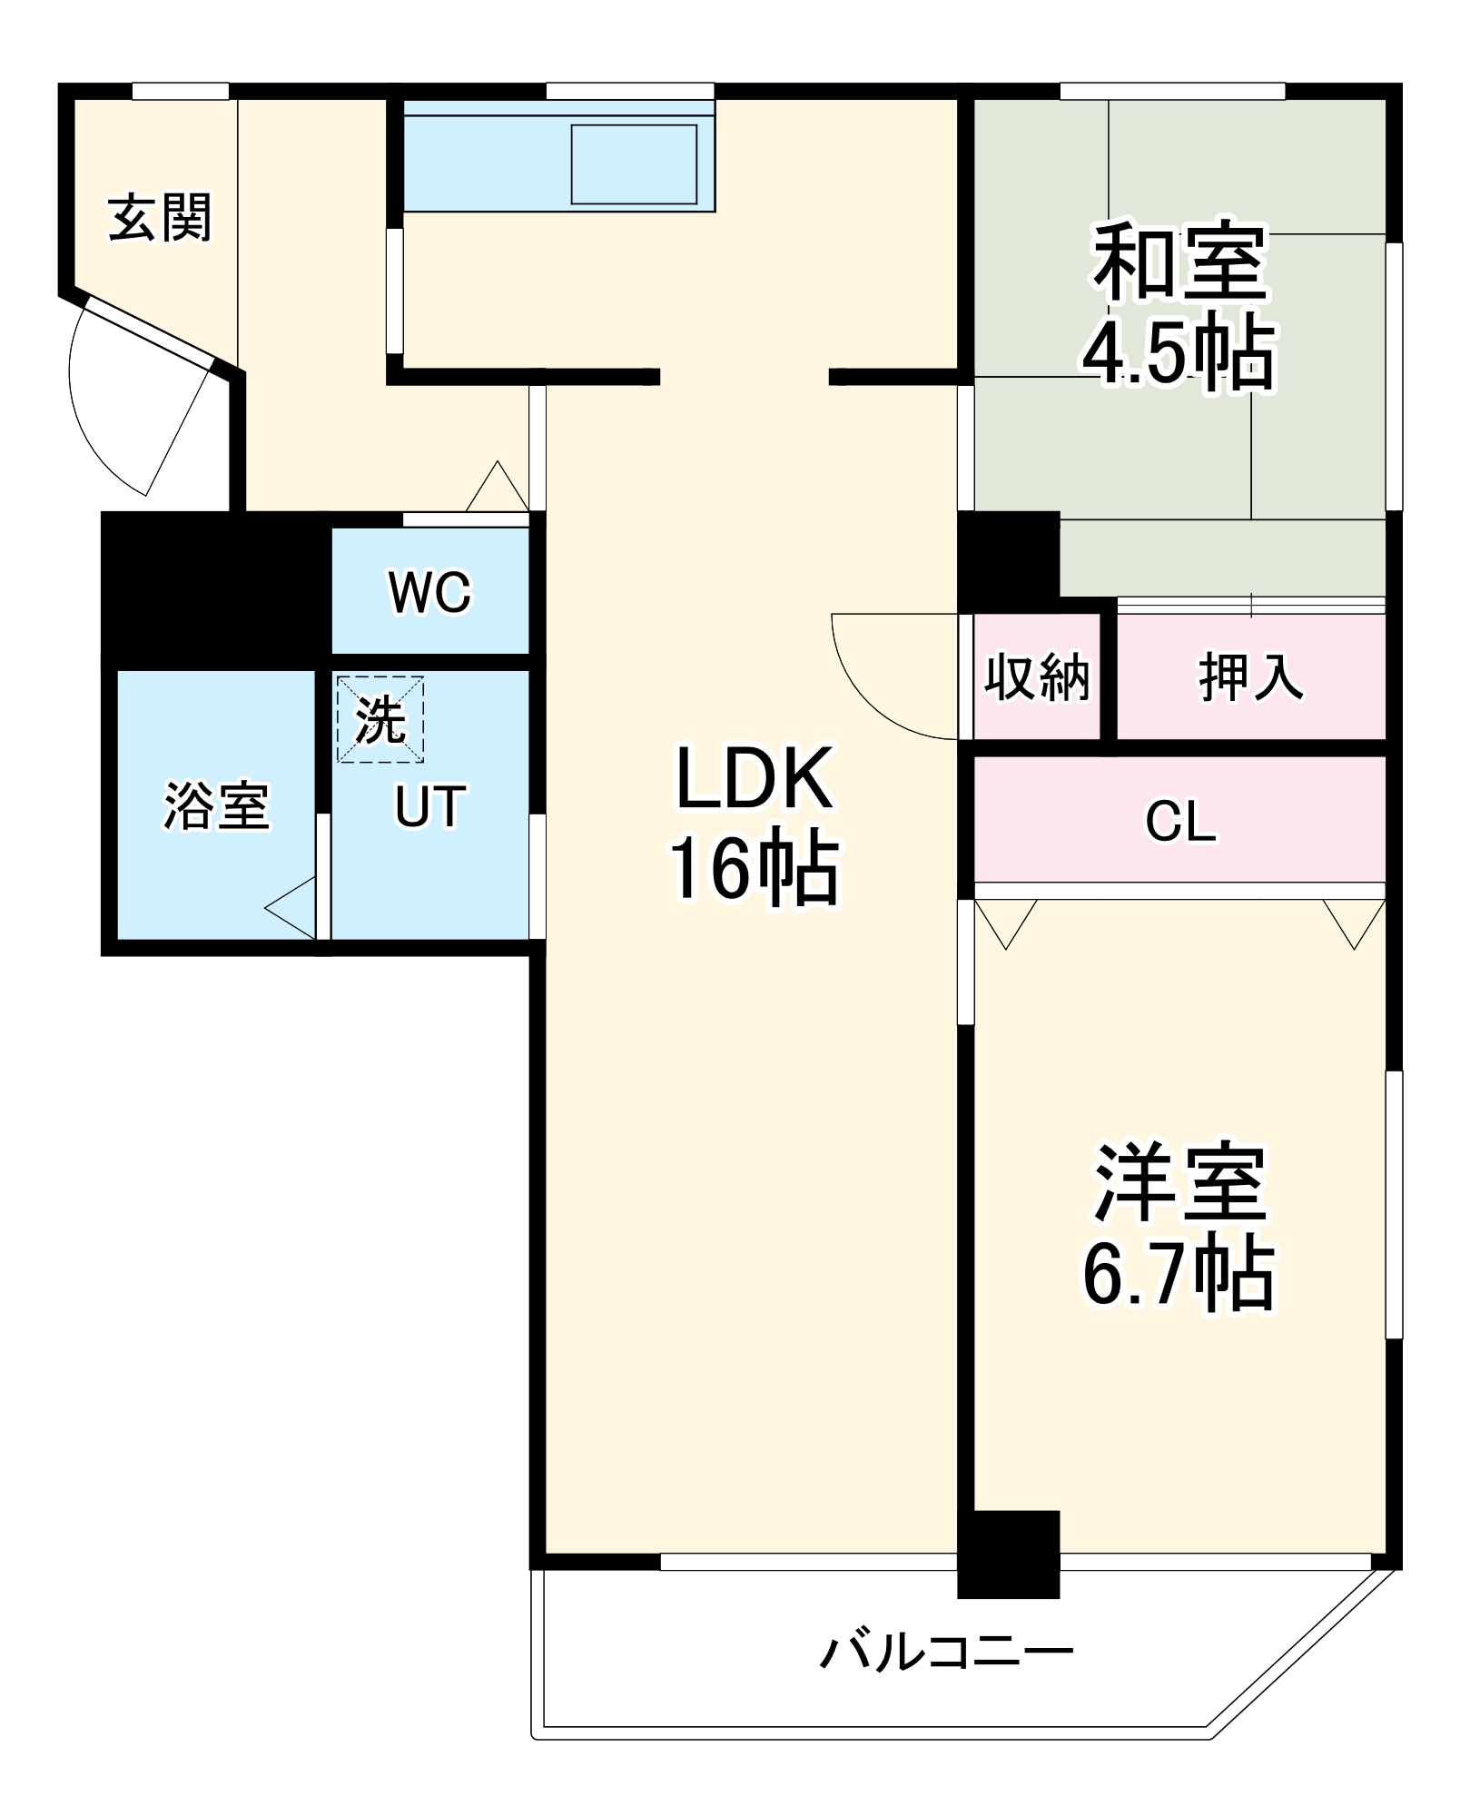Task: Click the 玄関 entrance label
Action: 160,218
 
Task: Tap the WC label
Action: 429,592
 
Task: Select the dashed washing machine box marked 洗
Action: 380,719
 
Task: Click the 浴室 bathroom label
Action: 216,805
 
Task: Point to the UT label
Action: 429,806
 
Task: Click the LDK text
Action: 754,779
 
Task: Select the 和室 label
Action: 1179,263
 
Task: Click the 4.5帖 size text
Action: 1179,352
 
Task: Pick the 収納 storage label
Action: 1037,676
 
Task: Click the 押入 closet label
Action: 1250,676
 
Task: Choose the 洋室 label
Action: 1179,1183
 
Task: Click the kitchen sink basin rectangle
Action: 634,164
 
